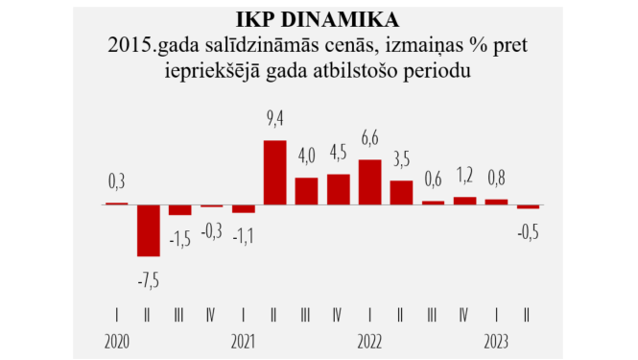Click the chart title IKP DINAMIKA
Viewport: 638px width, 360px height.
(x=319, y=18)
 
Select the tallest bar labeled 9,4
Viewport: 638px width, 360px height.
(x=274, y=172)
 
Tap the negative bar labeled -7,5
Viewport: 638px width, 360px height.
(x=149, y=230)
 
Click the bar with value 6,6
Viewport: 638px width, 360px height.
(x=369, y=181)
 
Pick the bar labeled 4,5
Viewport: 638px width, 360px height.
(x=338, y=189)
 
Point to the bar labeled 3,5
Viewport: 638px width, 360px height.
(x=401, y=192)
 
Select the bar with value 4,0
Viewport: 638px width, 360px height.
(x=306, y=190)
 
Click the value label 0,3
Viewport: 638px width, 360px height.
(x=116, y=180)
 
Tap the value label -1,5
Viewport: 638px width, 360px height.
(x=179, y=237)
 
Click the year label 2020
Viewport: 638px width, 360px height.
(x=116, y=341)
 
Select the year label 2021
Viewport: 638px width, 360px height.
(x=243, y=341)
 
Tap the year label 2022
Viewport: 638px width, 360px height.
(x=370, y=341)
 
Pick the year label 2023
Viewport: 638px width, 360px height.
(x=496, y=341)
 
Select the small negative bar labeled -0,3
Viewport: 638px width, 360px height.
(x=212, y=205)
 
